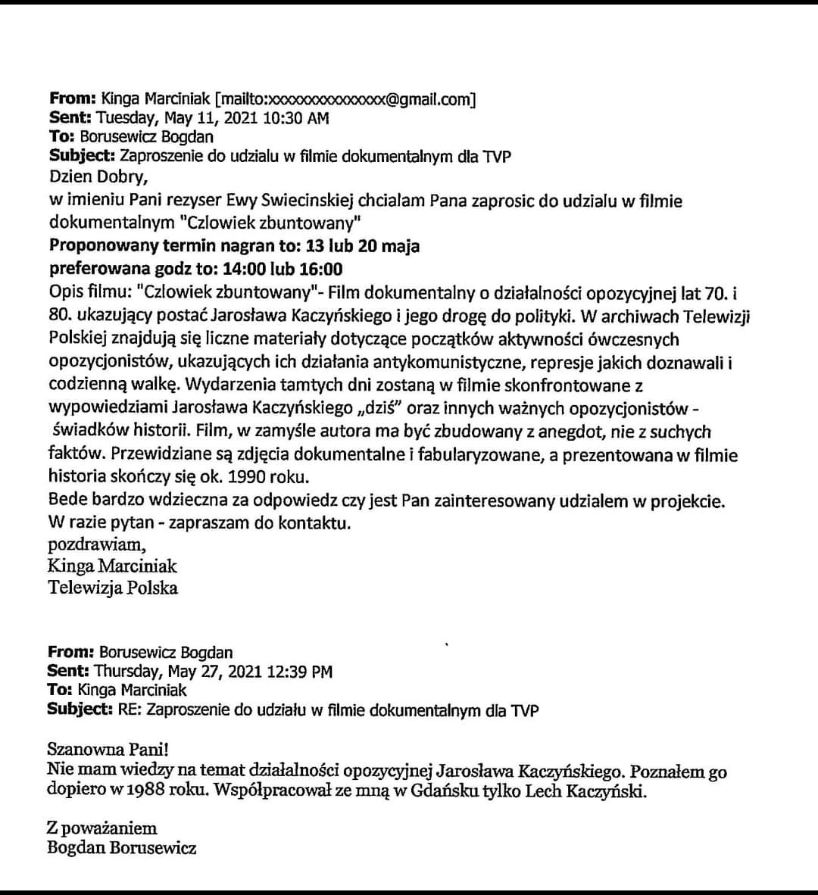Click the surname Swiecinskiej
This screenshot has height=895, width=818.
334,201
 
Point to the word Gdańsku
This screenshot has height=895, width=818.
452,792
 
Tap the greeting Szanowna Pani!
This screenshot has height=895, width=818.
108,750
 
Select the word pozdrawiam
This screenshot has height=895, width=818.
96,544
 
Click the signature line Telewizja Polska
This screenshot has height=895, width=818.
113,587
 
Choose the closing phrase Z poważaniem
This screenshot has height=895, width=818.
102,828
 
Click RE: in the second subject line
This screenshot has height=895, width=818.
126,710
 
